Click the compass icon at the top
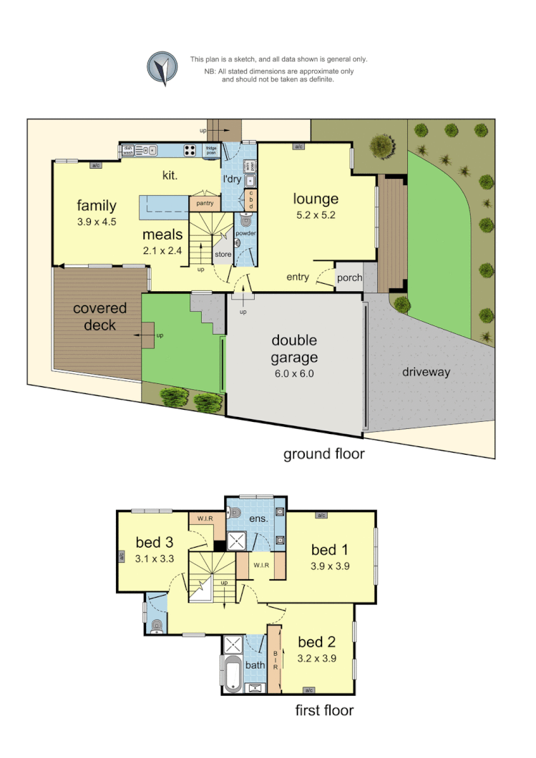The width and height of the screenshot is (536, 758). [x=162, y=68]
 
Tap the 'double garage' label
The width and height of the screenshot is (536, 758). [x=293, y=349]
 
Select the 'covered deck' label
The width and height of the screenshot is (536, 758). [x=99, y=317]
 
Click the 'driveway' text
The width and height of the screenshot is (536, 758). [x=425, y=372]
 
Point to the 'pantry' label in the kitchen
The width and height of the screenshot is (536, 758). [x=205, y=204]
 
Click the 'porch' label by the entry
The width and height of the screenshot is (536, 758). [x=349, y=277]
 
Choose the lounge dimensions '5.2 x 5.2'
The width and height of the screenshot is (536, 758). [x=315, y=215]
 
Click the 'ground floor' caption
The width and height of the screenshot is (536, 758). [x=324, y=453]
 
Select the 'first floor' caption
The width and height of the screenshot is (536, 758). [x=324, y=710]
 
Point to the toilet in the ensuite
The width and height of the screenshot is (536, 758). [x=235, y=512]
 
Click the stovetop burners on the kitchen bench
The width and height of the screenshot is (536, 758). [x=191, y=150]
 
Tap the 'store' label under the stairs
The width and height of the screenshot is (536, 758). [x=223, y=254]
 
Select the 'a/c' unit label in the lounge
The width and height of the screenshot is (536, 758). [x=298, y=147]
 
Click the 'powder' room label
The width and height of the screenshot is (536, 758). [x=245, y=233]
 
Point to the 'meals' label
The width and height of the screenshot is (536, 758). [x=162, y=235]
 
